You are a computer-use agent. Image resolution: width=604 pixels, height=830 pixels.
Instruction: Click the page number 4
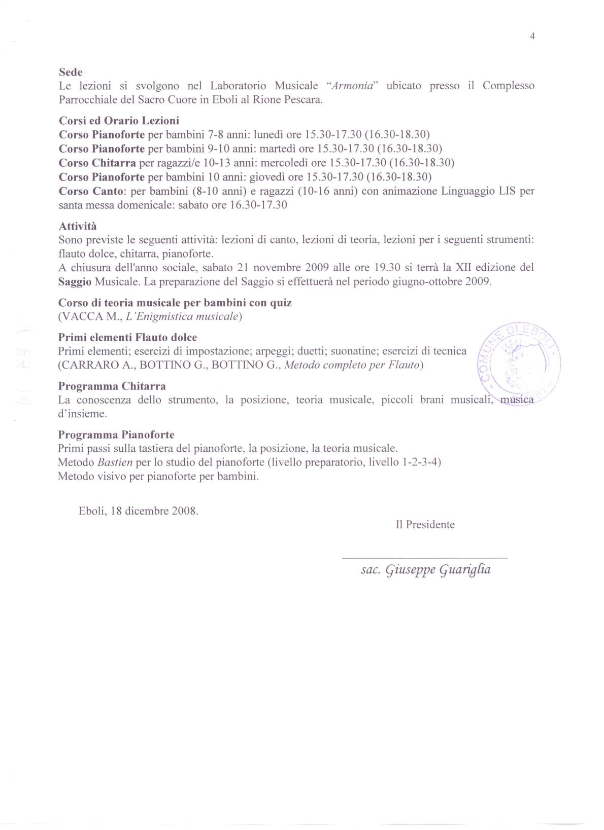coord(532,36)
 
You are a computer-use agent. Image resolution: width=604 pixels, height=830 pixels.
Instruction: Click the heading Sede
coord(71,73)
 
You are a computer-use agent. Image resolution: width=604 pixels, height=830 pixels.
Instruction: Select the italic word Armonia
coord(352,86)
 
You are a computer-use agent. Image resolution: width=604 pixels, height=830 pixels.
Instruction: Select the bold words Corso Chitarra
coord(97,163)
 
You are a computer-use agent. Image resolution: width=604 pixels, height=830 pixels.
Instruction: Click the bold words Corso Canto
coord(92,191)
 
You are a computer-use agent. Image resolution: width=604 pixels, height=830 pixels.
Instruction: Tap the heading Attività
coord(78,226)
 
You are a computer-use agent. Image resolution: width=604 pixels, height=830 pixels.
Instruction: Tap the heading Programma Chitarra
coord(112,386)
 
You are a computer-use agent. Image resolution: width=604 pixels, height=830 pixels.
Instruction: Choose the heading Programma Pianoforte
coord(116,435)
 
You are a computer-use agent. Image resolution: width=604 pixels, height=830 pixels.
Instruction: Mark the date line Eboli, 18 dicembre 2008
coord(139,511)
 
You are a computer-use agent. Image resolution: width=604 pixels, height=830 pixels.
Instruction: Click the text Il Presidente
coord(425,525)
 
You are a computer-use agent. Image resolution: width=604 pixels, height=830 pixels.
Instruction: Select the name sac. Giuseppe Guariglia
coord(425,570)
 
